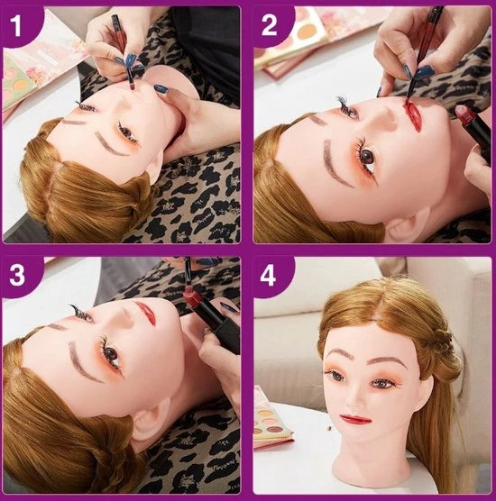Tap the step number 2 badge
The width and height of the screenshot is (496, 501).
270,25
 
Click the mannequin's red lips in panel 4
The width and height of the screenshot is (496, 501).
355,419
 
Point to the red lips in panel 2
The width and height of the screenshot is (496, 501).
412,115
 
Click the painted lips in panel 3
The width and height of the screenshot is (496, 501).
147,312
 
